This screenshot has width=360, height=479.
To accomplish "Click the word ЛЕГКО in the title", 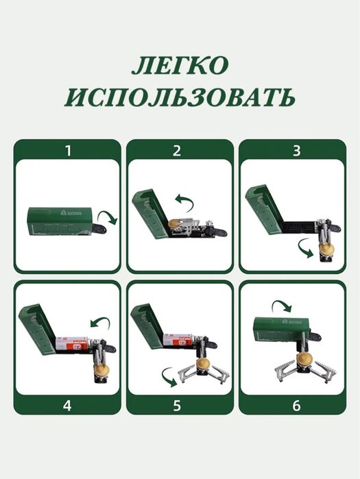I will coord(180,66).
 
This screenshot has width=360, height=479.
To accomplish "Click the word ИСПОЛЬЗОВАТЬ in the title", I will coord(180,97).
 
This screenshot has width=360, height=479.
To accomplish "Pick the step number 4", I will coord(67,404).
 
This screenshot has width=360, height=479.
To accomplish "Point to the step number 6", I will coord(296,404).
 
